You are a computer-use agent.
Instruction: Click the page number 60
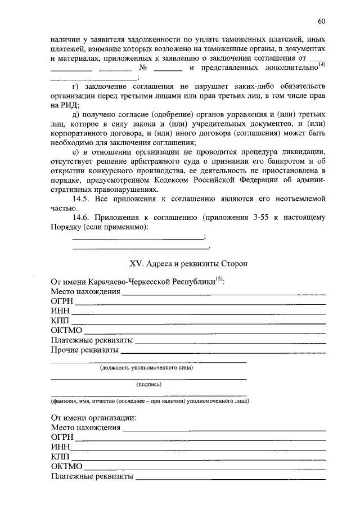[321, 22]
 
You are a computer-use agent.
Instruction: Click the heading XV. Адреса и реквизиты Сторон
[188, 263]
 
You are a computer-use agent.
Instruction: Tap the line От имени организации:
[93, 418]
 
